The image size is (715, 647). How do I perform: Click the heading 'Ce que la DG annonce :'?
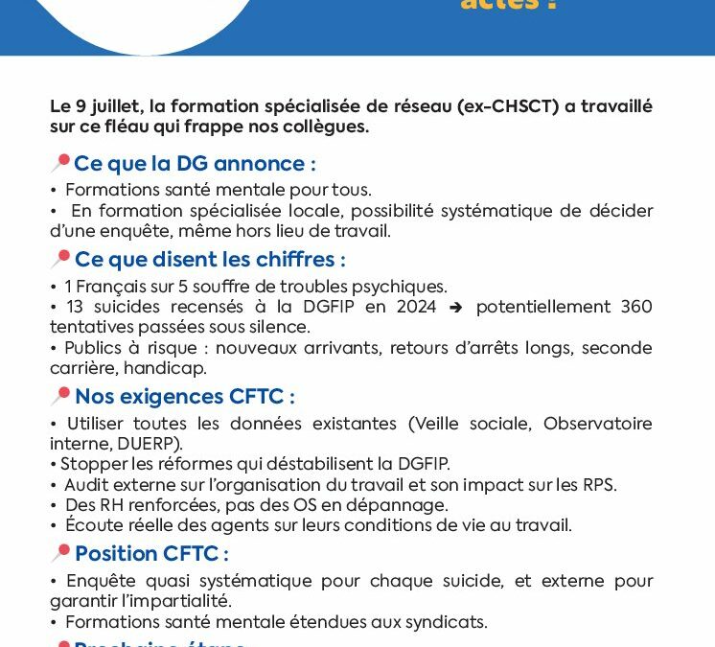coord(195,163)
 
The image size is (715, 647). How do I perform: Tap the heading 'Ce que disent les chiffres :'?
coord(210,260)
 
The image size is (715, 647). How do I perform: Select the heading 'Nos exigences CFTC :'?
coord(184,396)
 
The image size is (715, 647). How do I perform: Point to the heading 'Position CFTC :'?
coord(151,553)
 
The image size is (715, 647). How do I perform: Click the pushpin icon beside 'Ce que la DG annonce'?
coord(60,163)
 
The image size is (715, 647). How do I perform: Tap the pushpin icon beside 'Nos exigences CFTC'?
coord(60,396)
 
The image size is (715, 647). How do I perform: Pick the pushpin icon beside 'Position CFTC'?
coord(60,553)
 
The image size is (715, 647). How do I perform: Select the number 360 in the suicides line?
coord(634,307)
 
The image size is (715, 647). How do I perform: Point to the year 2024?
coord(416,307)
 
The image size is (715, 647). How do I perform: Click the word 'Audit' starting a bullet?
coord(85,484)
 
